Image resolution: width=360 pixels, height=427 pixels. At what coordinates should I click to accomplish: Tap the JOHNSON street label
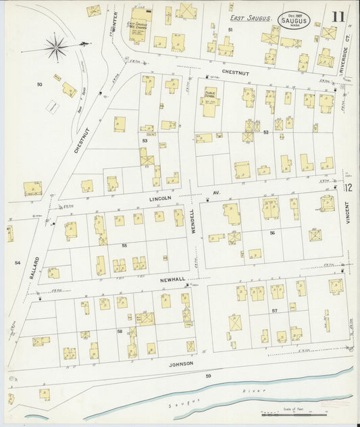pyautogui.click(x=180, y=363)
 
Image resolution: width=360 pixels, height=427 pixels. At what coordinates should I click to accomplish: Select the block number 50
pyautogui.click(x=39, y=84)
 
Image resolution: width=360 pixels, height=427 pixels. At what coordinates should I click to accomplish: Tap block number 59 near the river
pyautogui.click(x=209, y=375)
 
